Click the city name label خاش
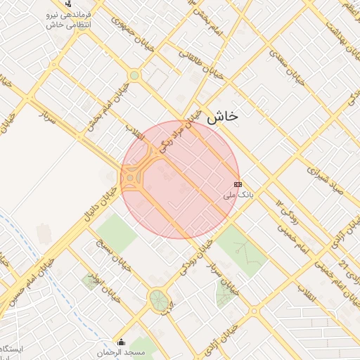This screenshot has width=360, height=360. pos(222,116)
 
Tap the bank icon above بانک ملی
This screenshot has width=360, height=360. pos(237,184)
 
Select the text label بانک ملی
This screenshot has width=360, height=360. pos(237,194)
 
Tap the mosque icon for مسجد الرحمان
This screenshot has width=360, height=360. pos(120,343)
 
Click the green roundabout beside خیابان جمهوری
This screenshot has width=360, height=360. pos(134,75)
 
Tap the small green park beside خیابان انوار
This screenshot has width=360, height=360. pos(90,282)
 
